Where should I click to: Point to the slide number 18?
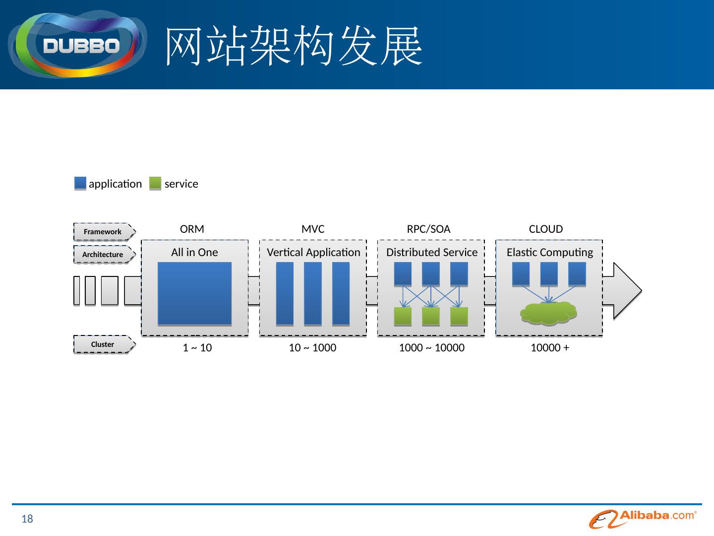27,519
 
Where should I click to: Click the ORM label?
192,229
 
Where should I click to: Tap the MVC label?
313,229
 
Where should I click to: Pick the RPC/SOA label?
428,229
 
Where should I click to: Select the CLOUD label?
546,229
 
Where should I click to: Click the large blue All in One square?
194,293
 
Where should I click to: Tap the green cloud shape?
548,314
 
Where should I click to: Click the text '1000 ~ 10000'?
431,348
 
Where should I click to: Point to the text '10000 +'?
550,348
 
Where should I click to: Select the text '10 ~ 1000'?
312,348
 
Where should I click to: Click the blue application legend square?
80,184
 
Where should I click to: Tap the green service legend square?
155,184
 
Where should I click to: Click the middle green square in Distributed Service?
431,316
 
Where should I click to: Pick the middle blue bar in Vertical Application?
313,293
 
